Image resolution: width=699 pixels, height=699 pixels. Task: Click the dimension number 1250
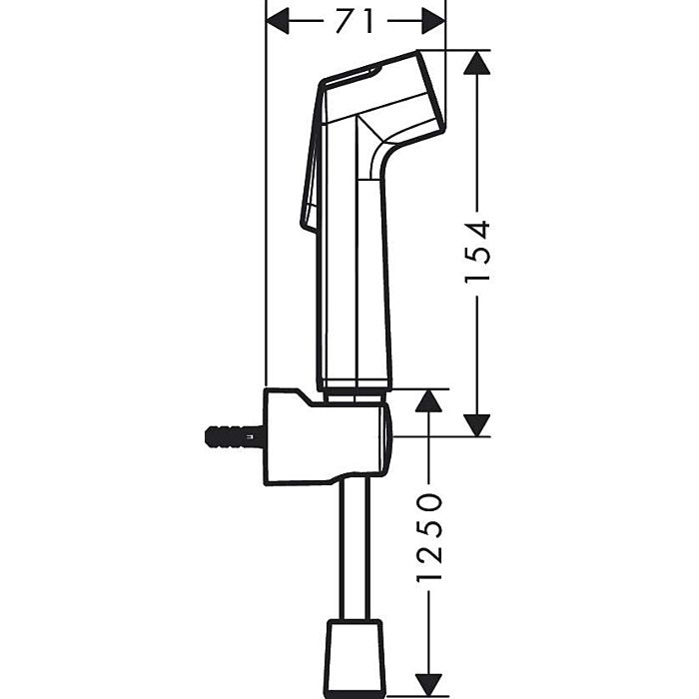pos(429,537)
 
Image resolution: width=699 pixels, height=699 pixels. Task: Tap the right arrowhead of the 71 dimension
pos(432,20)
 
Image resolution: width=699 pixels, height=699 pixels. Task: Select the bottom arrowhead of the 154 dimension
pos(479,423)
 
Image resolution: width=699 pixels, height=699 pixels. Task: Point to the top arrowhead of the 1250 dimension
pos(428,401)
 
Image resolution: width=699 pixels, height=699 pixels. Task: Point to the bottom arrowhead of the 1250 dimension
pos(428,684)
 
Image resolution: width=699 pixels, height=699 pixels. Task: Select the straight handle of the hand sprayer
pos(354,280)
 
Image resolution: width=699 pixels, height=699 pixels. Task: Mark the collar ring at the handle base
pos(354,385)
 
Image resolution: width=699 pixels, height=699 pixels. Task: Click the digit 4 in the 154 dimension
pos(479,229)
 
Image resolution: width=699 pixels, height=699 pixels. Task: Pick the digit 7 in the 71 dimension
pos(346,20)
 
